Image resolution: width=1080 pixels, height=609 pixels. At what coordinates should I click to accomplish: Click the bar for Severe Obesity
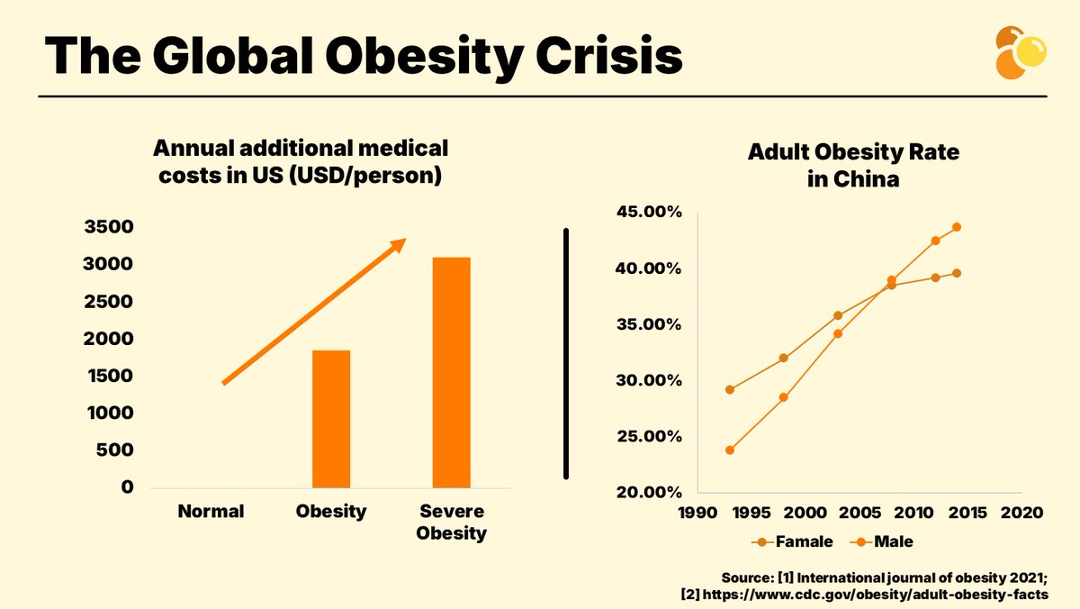[451, 372]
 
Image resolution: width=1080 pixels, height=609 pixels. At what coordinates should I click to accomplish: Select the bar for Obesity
[331, 418]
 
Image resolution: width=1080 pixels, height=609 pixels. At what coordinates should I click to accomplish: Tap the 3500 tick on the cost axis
[109, 227]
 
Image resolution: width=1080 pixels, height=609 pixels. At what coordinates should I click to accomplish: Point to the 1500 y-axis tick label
[109, 376]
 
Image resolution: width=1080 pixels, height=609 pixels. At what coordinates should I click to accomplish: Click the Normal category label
[211, 512]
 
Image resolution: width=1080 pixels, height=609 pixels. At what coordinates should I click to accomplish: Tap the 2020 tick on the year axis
[1022, 513]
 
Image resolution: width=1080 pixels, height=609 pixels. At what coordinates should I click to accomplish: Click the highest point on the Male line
[957, 227]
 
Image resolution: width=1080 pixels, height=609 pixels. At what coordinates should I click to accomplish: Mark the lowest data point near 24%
[729, 450]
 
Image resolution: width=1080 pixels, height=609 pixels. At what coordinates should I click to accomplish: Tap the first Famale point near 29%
[729, 389]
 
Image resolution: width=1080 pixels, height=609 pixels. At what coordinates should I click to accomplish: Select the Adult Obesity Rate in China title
[853, 166]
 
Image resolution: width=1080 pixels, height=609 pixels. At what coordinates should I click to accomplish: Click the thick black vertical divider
[566, 353]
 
